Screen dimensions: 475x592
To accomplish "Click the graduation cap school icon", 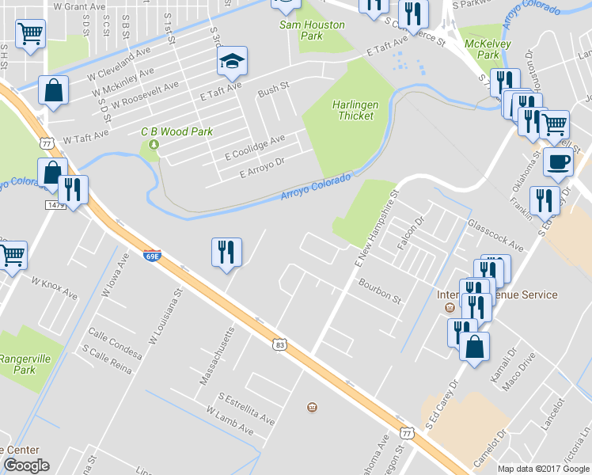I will point(233,61).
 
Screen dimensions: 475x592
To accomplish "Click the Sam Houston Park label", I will point(313,30).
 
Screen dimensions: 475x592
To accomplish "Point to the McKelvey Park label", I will point(484,49).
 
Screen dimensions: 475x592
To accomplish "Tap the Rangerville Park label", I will point(25,364).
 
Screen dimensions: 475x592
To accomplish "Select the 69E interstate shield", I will point(153,256).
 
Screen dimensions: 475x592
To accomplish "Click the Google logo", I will point(26,465).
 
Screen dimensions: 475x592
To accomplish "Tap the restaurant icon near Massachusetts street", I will point(226,253).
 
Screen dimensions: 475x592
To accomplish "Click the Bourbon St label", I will point(380,291).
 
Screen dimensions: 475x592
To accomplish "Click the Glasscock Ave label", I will point(496,236).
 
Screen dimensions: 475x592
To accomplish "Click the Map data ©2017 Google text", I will point(544,468).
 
